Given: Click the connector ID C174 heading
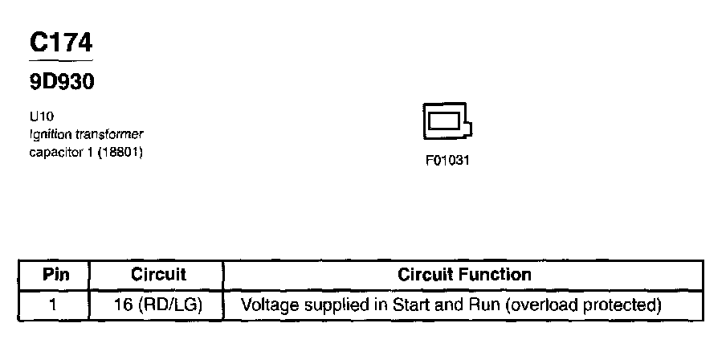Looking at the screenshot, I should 60,43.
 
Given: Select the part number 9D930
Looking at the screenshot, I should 62,82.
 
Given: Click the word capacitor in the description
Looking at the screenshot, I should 55,151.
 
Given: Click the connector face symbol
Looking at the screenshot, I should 446,123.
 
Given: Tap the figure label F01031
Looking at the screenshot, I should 447,160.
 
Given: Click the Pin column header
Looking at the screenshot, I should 55,275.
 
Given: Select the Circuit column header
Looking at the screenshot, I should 157,275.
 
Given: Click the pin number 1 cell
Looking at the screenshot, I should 55,305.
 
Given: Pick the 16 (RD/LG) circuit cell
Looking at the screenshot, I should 157,305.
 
